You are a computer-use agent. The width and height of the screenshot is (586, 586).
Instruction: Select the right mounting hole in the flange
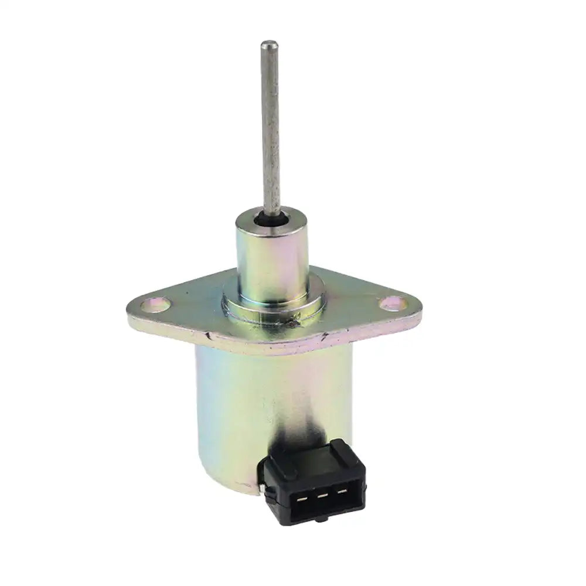point(390,303)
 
